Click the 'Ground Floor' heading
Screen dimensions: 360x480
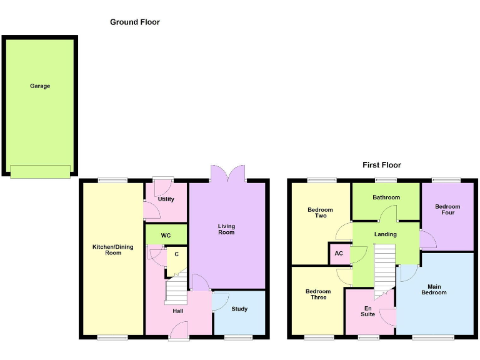click(x=135, y=22)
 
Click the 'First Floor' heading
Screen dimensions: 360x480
click(x=382, y=165)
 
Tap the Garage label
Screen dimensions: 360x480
click(x=40, y=86)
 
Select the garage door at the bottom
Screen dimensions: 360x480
click(x=40, y=171)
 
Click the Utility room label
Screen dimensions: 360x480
click(x=166, y=199)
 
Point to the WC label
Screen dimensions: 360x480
click(x=166, y=236)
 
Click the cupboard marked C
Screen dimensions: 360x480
click(x=177, y=254)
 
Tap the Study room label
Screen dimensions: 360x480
click(x=239, y=309)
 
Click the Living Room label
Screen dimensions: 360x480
click(x=226, y=229)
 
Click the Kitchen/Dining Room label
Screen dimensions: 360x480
click(x=113, y=250)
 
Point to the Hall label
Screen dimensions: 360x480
click(x=178, y=311)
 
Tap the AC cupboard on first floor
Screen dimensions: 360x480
click(x=339, y=254)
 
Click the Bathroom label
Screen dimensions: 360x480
click(x=386, y=197)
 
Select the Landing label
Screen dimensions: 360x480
click(x=386, y=234)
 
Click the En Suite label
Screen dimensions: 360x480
click(x=368, y=311)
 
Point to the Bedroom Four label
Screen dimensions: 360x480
click(x=447, y=209)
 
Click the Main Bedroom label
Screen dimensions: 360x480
click(x=434, y=289)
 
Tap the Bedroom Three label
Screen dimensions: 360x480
click(x=318, y=294)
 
